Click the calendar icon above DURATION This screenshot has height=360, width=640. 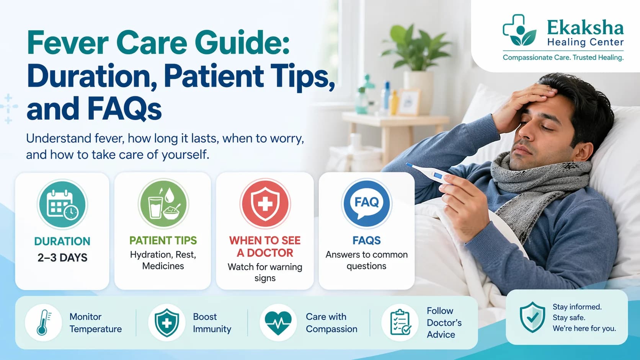point(62,204)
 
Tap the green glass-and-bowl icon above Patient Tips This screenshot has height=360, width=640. point(163,204)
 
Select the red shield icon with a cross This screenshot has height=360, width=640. point(265,204)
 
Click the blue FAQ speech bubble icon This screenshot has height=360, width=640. point(367,204)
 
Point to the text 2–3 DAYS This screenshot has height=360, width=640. point(62,258)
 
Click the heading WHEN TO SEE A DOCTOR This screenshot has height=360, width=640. point(265,247)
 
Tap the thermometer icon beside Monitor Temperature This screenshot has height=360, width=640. point(43,323)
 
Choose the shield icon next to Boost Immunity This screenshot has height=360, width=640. point(167,323)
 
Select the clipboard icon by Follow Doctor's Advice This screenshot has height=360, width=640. point(400,322)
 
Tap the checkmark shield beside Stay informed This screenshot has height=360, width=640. point(532,317)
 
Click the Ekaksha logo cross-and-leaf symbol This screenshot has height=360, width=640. point(519,30)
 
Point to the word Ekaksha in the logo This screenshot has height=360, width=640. point(585,28)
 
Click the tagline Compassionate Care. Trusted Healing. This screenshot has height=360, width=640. point(563,58)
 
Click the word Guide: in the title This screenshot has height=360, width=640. point(242,43)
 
